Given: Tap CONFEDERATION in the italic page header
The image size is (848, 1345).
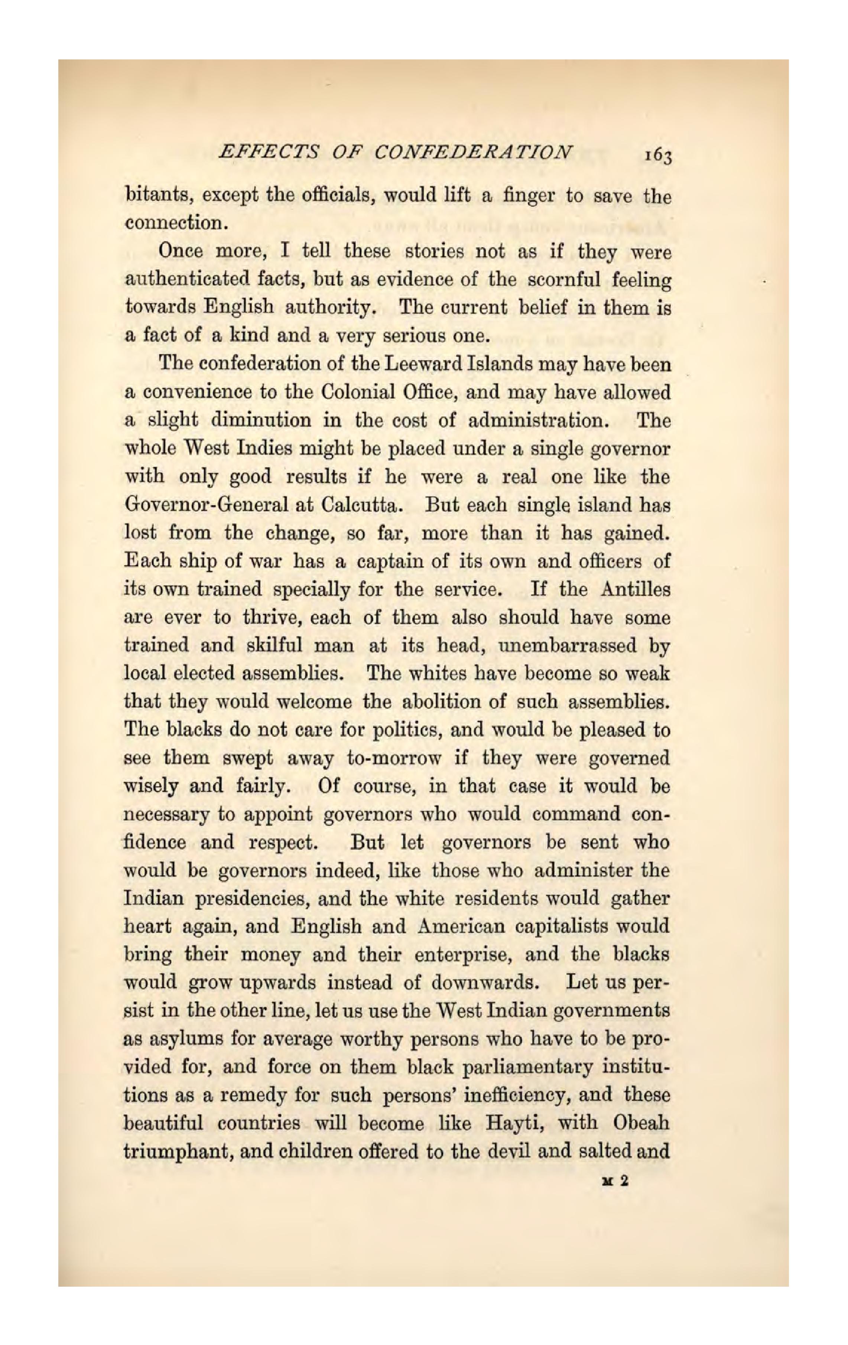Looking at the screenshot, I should click(472, 152).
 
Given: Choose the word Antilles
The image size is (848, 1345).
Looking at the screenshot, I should click(634, 589).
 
